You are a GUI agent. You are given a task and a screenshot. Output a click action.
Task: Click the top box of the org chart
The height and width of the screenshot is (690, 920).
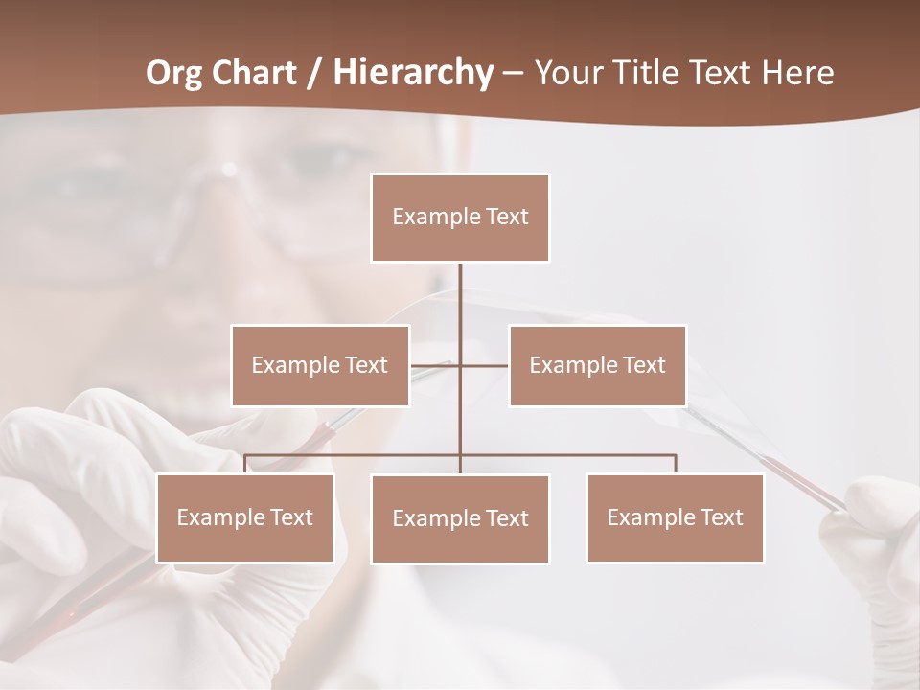pos(460,218)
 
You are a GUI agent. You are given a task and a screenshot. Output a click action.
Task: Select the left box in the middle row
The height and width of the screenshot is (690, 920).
pos(320,365)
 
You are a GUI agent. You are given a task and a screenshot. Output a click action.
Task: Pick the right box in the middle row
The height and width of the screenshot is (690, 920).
pos(597,365)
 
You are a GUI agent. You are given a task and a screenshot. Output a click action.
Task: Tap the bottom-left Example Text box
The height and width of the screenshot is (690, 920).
pos(245,517)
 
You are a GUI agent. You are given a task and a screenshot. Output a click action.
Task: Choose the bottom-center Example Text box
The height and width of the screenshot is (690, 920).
pos(460,518)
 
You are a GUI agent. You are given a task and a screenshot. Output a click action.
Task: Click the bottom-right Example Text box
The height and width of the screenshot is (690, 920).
pos(675,517)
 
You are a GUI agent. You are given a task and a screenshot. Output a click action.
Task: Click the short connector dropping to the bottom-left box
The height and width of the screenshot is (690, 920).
pos(245,464)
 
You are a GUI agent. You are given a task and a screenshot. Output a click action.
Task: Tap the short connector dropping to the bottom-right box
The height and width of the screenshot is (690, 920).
pos(675,464)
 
